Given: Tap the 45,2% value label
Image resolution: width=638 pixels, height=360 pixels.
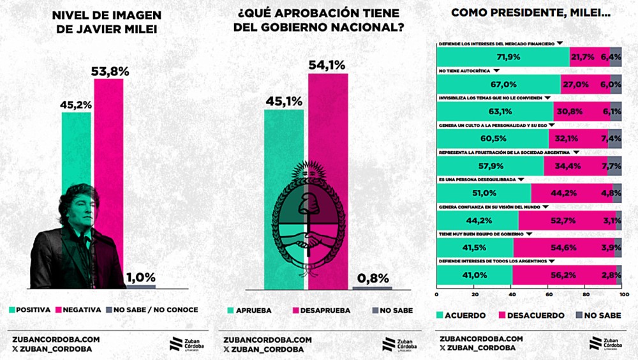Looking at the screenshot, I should (x=76, y=104).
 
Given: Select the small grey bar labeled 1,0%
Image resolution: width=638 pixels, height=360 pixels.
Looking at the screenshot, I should (x=140, y=286).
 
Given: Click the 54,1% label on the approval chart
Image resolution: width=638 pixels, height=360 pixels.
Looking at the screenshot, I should (x=327, y=64).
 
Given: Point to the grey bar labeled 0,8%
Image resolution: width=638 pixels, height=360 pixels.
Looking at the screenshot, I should (x=372, y=289).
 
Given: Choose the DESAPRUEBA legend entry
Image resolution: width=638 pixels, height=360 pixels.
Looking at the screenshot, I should (x=318, y=310).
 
